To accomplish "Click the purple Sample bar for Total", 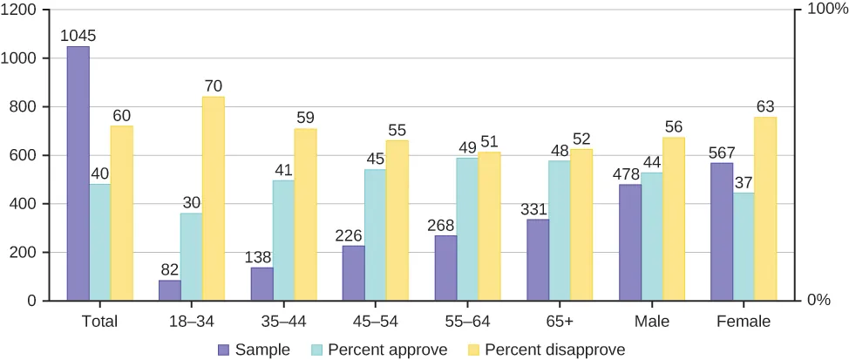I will (x=78, y=173).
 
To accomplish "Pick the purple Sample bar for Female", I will (x=721, y=232).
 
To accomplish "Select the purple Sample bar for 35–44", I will (x=261, y=284).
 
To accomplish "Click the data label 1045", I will (x=78, y=37).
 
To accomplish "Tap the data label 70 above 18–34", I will (x=214, y=86).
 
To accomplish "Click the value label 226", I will (x=353, y=235).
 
